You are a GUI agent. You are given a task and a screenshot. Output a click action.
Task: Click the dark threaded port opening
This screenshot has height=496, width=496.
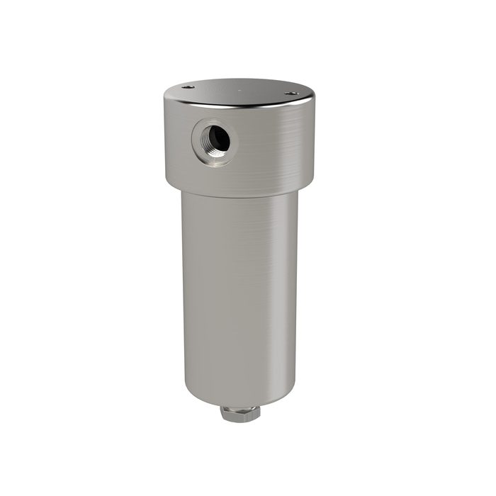(x=220, y=140)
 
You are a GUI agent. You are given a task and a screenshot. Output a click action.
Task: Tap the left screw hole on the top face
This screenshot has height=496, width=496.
(x=188, y=86)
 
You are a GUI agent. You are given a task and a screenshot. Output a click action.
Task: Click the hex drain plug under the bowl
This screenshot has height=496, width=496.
(x=239, y=413)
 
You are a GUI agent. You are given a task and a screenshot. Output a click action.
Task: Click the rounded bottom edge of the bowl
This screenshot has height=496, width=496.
(x=239, y=400)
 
